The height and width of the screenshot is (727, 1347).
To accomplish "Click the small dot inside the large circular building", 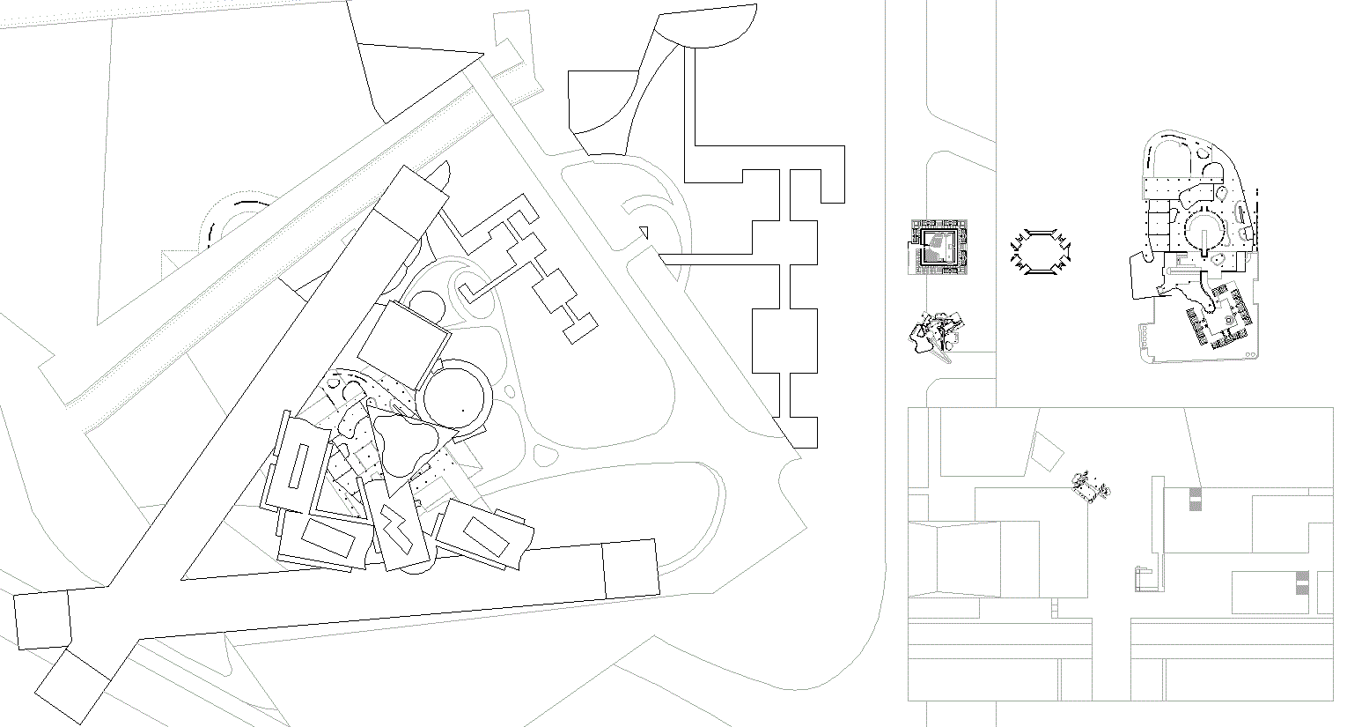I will pyautogui.click(x=462, y=410).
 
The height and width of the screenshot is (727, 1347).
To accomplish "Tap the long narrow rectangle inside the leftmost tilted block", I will pyautogui.click(x=298, y=467).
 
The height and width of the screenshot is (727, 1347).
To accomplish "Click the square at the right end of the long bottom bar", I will pyautogui.click(x=630, y=569).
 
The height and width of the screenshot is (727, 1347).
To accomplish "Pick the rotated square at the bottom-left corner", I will pyautogui.click(x=71, y=686).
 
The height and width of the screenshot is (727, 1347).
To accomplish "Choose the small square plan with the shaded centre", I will pyautogui.click(x=939, y=247).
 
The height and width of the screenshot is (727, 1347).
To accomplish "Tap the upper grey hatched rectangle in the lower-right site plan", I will pyautogui.click(x=1195, y=498).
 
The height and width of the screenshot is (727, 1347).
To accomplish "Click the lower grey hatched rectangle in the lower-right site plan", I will pyautogui.click(x=1302, y=582).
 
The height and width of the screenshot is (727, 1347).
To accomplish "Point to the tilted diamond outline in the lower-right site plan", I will pyautogui.click(x=1047, y=452).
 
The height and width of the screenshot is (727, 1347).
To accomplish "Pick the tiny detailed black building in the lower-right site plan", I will pyautogui.click(x=1091, y=486).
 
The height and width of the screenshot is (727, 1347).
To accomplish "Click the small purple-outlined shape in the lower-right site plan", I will pyautogui.click(x=1142, y=578).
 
